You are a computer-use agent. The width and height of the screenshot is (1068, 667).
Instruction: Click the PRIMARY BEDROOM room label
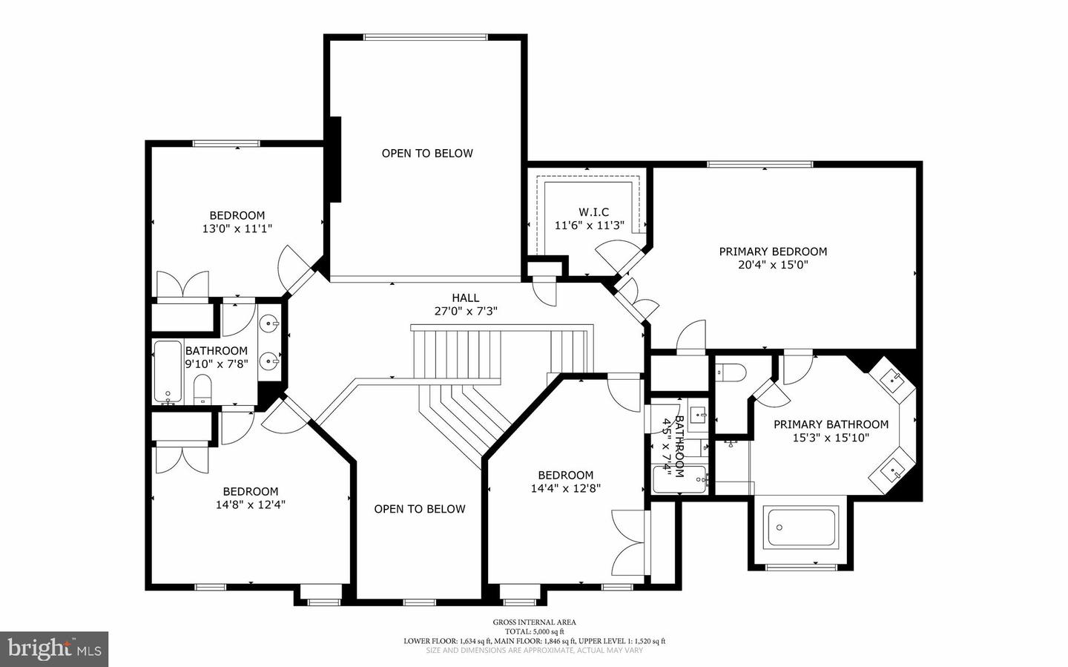tap(773, 252)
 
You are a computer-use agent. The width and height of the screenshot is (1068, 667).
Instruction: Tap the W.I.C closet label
tap(593, 212)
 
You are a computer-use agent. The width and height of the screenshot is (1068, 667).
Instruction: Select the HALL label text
tap(465, 298)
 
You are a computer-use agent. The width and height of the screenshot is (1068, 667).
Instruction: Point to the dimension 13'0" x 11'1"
tap(237, 229)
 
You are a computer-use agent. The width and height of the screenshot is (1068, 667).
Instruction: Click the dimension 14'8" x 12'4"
tap(251, 505)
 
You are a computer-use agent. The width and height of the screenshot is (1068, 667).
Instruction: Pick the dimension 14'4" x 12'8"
tap(565, 488)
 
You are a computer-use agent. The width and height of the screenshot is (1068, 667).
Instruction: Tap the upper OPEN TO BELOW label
tap(427, 154)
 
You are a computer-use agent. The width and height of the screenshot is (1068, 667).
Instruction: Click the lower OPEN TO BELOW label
tap(420, 509)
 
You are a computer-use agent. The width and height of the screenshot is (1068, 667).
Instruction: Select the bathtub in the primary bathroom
tap(801, 528)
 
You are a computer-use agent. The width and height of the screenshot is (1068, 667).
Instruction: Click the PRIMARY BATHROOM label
tap(831, 424)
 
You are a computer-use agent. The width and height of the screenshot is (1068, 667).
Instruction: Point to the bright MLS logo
tap(54, 649)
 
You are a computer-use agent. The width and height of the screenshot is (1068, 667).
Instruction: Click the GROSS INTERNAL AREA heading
tap(534, 622)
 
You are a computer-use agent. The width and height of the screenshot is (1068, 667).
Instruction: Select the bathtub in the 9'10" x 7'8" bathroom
tap(168, 372)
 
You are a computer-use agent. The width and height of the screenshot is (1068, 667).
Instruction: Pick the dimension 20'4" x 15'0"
tap(773, 265)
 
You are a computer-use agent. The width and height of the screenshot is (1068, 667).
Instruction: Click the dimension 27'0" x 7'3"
tap(465, 312)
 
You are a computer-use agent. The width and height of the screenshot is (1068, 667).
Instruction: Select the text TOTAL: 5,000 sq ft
tap(534, 631)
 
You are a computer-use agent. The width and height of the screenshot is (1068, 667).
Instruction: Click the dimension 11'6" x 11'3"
tap(590, 226)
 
